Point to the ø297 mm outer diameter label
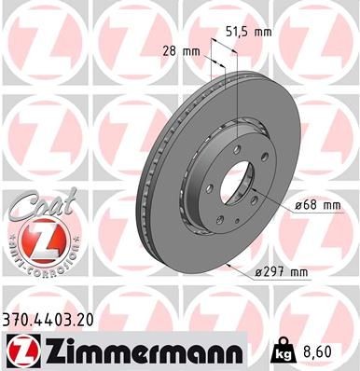[281, 272]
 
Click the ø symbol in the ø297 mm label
[258, 272]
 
